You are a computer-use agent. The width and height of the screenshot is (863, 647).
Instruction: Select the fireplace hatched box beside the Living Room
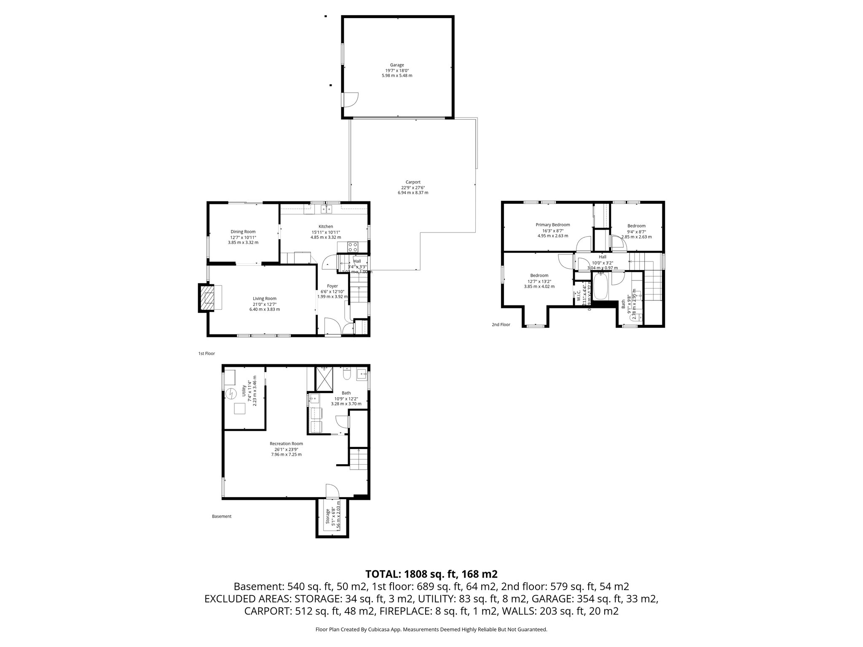click(x=206, y=298)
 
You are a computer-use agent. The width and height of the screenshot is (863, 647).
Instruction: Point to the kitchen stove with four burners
click(x=353, y=246)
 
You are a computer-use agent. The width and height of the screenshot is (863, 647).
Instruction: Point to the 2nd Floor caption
click(x=501, y=325)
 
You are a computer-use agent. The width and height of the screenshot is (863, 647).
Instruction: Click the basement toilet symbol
click(x=347, y=374)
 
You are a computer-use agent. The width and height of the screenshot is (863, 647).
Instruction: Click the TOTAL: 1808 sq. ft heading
click(x=431, y=574)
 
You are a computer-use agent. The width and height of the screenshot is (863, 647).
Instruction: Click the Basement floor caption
click(x=222, y=516)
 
